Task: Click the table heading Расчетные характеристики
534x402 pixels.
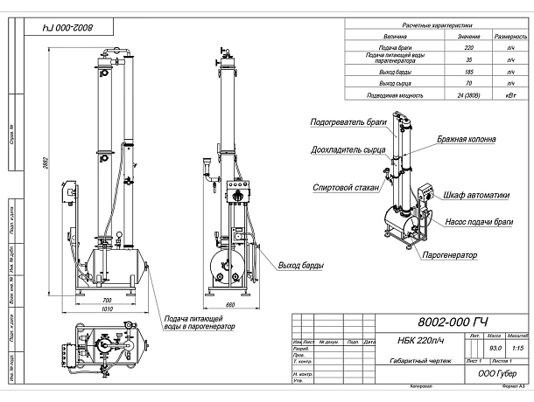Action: [411, 26]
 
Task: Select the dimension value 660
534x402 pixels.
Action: [231, 302]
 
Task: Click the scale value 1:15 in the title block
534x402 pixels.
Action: [517, 348]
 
